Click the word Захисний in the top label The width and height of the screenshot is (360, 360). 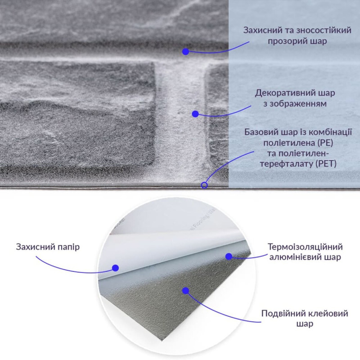tap(261, 31)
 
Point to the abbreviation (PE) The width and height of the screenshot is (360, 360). tap(326, 143)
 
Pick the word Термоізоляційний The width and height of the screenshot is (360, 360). tap(305, 247)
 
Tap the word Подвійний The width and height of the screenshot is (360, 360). tap(280, 314)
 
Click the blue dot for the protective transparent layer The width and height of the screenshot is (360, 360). tap(185, 51)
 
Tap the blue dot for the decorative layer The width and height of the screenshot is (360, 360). tap(195, 114)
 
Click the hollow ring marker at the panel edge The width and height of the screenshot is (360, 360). tap(204, 184)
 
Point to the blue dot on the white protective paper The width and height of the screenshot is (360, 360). tap(115, 268)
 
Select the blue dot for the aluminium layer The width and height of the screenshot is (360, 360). tap(229, 256)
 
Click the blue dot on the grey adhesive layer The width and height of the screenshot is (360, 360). tap(185, 290)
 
